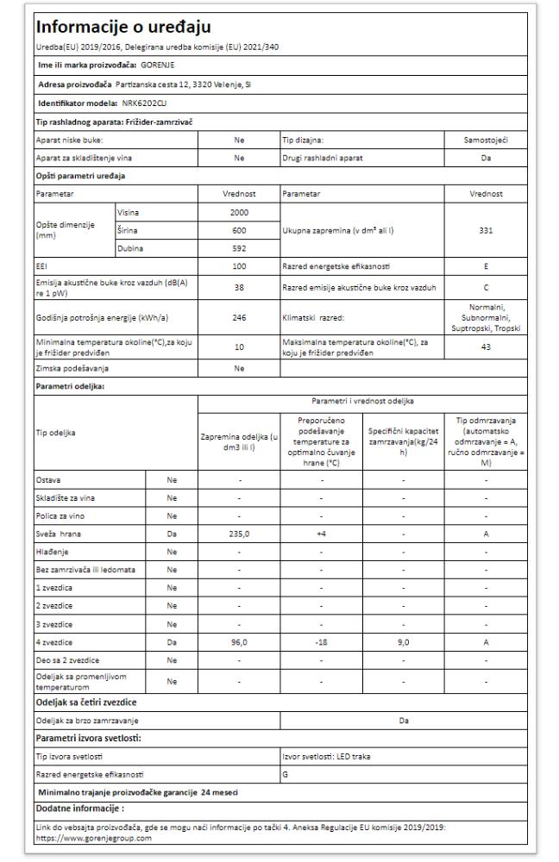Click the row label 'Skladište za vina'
click(x=64, y=498)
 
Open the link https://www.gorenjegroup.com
click(x=86, y=837)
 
